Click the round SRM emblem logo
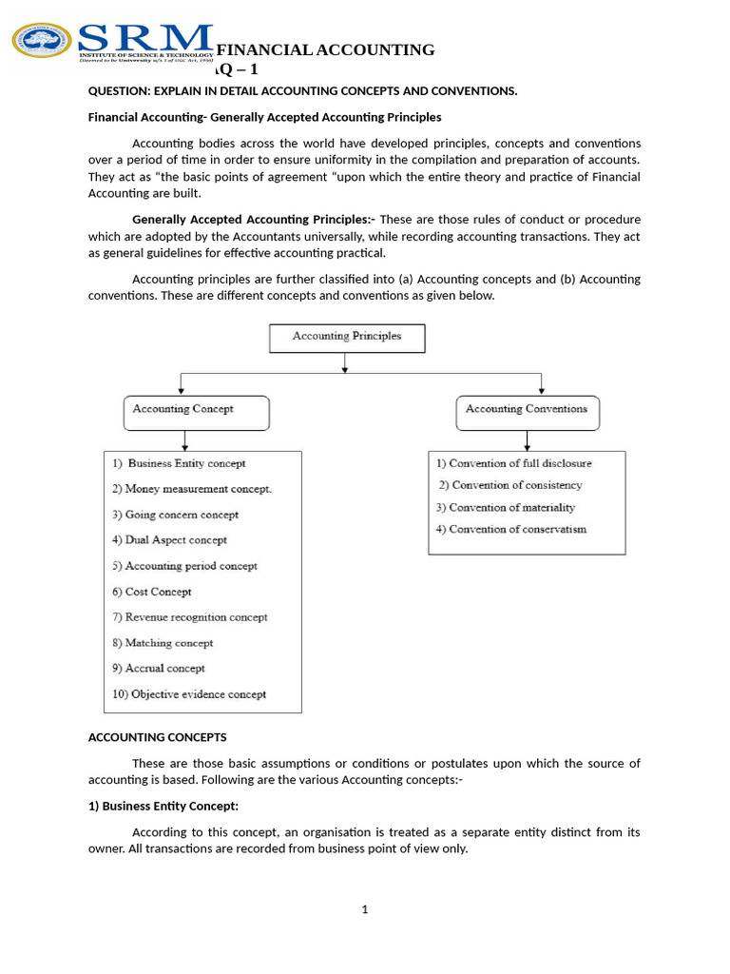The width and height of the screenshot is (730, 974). click(x=42, y=40)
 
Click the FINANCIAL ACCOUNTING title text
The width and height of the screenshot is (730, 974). click(x=325, y=49)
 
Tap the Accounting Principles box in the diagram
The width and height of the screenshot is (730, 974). click(x=347, y=337)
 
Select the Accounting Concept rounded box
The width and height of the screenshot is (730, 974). click(x=197, y=411)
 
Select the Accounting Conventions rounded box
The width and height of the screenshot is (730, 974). click(x=527, y=411)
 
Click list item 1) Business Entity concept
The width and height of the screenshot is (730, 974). click(x=179, y=463)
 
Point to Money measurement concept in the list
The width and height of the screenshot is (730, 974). click(x=192, y=489)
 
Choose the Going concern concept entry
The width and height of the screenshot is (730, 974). click(x=176, y=515)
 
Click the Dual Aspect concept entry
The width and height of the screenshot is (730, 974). click(x=170, y=540)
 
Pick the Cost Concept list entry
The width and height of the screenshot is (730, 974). click(x=152, y=592)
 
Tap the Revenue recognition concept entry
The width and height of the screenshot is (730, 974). click(x=190, y=617)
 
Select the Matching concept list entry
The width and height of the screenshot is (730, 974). click(x=163, y=643)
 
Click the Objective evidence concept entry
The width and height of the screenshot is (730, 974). click(x=189, y=694)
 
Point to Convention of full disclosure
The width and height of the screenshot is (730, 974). click(x=513, y=463)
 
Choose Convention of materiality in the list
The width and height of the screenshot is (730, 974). click(x=506, y=507)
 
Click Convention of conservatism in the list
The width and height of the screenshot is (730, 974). click(x=511, y=529)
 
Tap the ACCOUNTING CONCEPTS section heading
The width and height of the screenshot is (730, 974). click(x=158, y=737)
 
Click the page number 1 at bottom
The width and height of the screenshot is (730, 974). click(x=364, y=909)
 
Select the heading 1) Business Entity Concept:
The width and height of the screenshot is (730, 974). click(x=163, y=806)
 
